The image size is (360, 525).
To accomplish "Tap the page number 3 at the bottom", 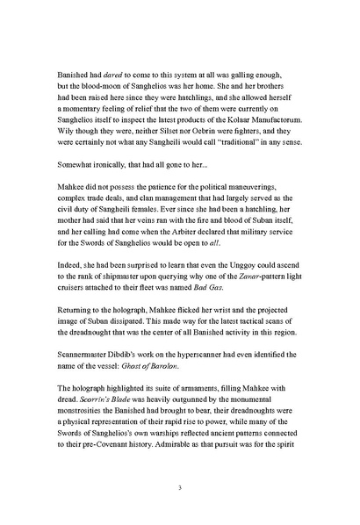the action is [x=179, y=488].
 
